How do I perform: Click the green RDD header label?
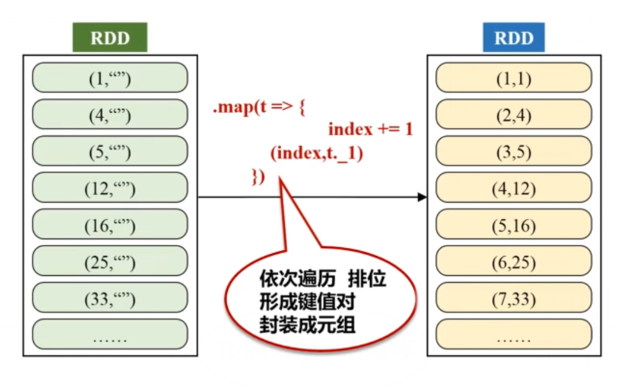pos(110,39)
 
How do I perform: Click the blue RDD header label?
pos(513,39)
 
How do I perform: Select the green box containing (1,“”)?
pos(110,78)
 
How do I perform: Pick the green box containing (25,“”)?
pos(110,262)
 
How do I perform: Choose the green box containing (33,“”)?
pos(110,299)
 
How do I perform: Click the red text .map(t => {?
pos(259,109)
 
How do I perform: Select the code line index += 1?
pos(370,129)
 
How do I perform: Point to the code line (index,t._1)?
pos(316,153)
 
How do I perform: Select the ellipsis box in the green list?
pos(110,336)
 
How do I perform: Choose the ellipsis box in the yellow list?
pos(513,336)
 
